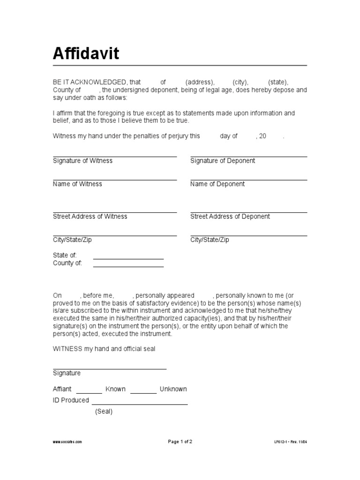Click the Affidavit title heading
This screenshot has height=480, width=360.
click(86, 54)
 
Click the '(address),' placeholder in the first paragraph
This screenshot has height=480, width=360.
click(200, 82)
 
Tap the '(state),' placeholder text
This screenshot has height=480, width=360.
click(278, 82)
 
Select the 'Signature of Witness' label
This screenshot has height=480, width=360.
click(82, 161)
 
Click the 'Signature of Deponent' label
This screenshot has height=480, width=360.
click(223, 161)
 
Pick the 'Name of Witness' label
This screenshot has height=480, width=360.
click(77, 184)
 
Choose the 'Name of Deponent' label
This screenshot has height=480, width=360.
click(217, 184)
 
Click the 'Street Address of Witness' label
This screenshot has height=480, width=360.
click(90, 217)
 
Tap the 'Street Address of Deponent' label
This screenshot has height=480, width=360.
click(230, 217)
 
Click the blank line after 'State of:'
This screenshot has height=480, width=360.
click(128, 258)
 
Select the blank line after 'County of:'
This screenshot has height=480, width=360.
click(128, 266)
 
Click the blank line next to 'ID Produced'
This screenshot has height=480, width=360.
click(140, 403)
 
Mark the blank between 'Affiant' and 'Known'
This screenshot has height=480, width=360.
click(89, 392)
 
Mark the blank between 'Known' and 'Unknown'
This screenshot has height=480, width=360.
click(143, 392)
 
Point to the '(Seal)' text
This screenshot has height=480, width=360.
click(104, 412)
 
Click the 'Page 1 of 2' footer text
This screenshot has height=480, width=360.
click(180, 442)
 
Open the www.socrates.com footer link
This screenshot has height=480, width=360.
click(67, 442)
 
